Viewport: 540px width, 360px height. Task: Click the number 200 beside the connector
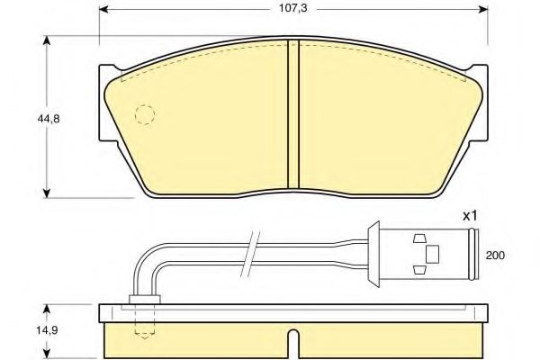[x=496, y=256]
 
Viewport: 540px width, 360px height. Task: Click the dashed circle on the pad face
[x=144, y=115]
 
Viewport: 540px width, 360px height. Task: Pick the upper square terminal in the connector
[x=418, y=239]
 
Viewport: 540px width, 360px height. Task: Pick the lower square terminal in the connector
[x=418, y=270]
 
